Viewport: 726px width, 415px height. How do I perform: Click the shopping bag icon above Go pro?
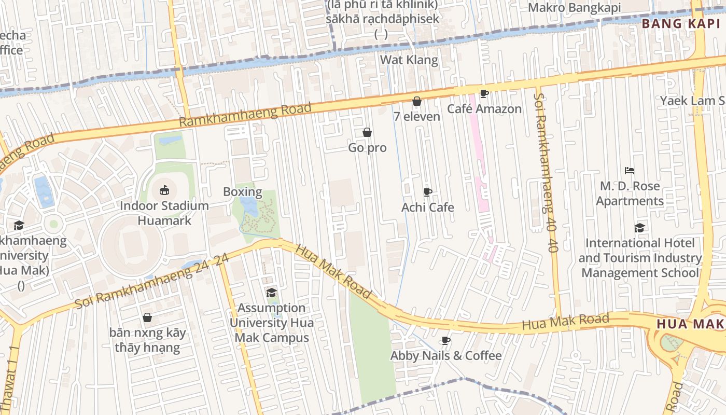pos(367,133)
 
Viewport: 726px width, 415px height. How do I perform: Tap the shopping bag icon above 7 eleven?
pos(416,102)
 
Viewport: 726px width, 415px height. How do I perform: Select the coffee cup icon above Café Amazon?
pos(484,94)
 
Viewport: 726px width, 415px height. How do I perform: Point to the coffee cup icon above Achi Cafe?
pos(428,192)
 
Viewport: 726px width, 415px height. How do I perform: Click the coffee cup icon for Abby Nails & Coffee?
pos(445,341)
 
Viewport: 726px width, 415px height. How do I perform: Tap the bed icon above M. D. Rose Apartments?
pos(630,171)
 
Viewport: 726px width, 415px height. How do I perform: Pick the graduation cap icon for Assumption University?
pos(271,293)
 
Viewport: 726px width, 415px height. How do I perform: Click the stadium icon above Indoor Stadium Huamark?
pos(164,190)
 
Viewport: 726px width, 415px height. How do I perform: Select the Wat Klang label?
pos(409,60)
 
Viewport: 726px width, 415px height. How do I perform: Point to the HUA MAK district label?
pos(690,324)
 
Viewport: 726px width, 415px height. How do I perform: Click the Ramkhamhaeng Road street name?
pos(245,115)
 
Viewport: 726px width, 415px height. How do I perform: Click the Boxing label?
pos(242,192)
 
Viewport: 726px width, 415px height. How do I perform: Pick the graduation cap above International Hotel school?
pos(640,228)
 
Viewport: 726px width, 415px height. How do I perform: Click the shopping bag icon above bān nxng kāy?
pos(147,317)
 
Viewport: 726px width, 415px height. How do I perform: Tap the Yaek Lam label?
pos(692,101)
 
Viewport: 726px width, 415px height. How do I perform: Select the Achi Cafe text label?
pos(428,208)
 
